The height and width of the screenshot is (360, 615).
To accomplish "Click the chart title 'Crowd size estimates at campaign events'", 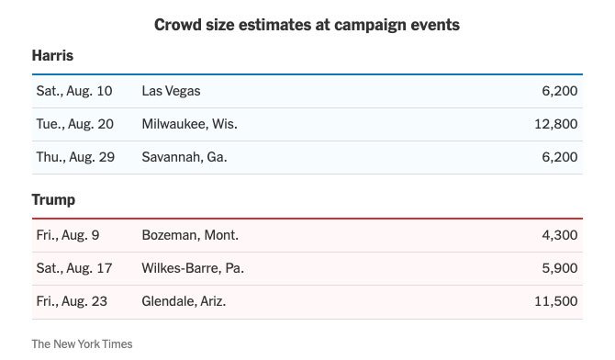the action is click(x=307, y=25).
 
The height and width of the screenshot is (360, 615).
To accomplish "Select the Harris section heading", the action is click(x=52, y=55).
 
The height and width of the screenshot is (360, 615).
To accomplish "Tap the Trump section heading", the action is click(x=53, y=199).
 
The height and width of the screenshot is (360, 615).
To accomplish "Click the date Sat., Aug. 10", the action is click(x=74, y=91).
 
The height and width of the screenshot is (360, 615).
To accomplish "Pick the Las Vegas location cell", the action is click(x=171, y=91).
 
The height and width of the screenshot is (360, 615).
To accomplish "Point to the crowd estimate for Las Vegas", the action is click(x=560, y=91).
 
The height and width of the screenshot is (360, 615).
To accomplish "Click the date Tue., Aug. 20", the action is click(x=75, y=124).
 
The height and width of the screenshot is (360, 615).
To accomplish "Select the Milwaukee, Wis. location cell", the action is click(x=189, y=124).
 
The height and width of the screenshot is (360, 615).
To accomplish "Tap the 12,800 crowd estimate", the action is click(x=555, y=124).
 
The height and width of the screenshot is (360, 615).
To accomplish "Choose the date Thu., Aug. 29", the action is click(x=75, y=157).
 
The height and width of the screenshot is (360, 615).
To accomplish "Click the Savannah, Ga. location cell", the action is click(x=184, y=157).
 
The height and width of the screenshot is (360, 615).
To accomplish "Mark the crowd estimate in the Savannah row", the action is click(x=560, y=157).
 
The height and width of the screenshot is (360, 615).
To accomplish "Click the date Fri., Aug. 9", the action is click(x=68, y=235).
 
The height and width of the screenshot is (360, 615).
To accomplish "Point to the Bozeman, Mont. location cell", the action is click(x=190, y=235).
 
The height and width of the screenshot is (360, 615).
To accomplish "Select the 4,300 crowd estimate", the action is click(x=560, y=235).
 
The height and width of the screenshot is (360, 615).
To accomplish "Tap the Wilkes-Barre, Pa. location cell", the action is click(x=193, y=268).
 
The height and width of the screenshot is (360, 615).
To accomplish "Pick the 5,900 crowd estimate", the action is click(x=560, y=268).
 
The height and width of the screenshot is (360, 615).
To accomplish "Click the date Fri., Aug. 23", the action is click(x=72, y=301).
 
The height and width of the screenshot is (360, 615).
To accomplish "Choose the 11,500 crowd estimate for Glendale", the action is click(x=555, y=301).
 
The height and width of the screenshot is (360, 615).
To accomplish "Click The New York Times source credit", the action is click(x=82, y=343).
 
